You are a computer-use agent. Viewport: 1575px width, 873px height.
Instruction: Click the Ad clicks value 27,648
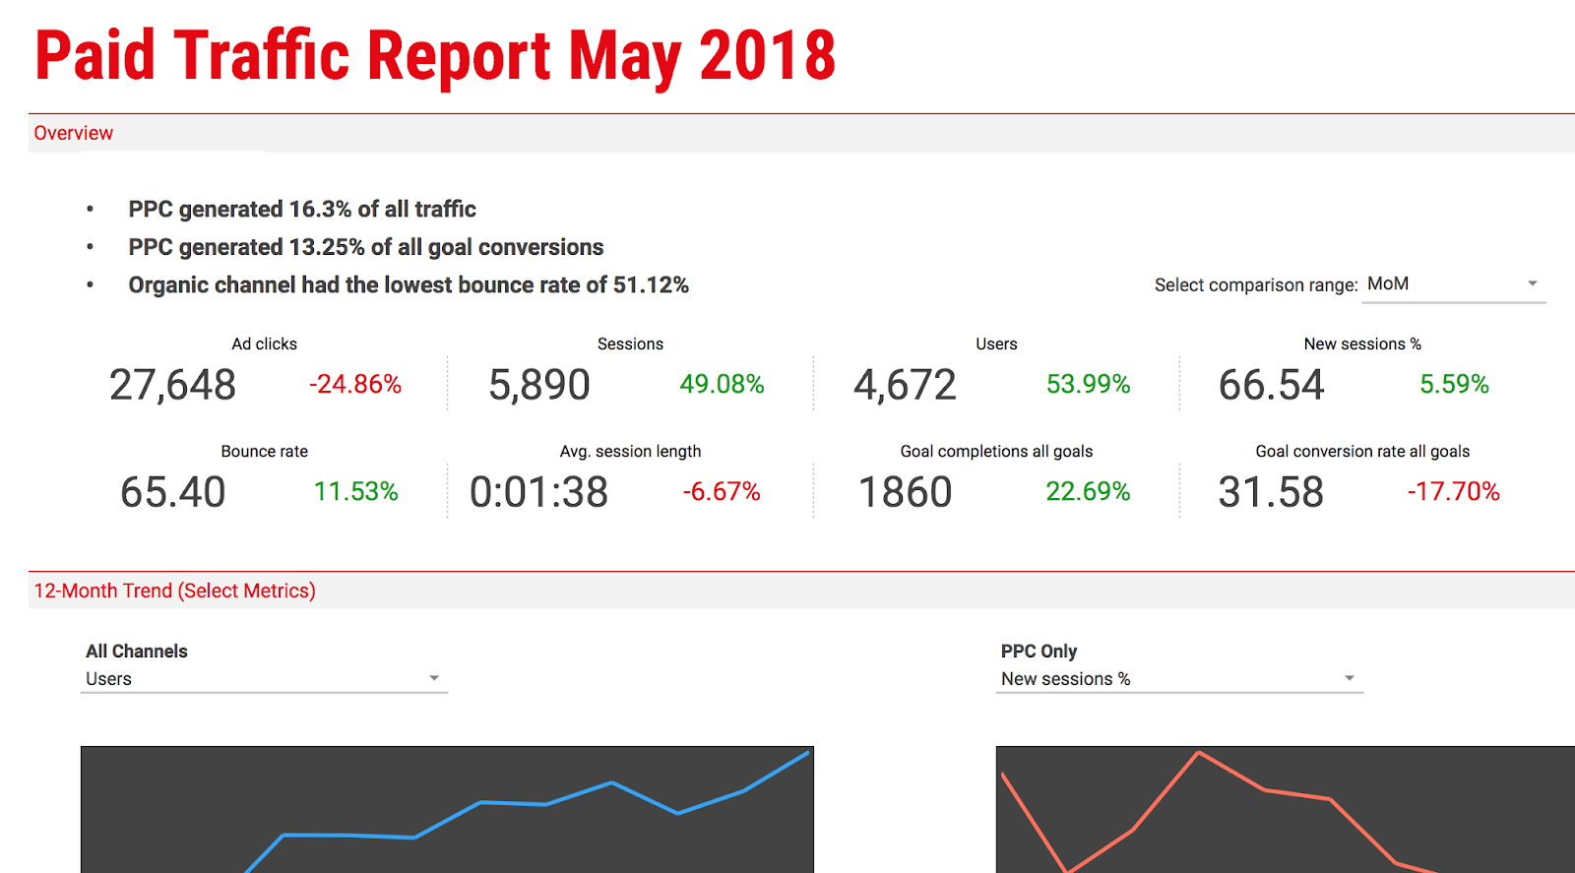click(x=172, y=385)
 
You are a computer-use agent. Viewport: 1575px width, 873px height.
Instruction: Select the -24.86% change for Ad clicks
click(x=355, y=384)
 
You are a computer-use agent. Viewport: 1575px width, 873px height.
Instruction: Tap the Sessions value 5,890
click(x=539, y=385)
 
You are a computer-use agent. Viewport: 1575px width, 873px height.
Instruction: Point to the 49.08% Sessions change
click(x=722, y=384)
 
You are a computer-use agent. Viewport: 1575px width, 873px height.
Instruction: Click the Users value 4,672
click(x=905, y=385)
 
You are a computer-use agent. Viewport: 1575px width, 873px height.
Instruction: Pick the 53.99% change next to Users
click(x=1088, y=384)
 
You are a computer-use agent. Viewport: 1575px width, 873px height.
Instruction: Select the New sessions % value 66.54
click(x=1271, y=385)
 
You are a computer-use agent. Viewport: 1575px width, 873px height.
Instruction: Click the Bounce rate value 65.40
click(x=172, y=492)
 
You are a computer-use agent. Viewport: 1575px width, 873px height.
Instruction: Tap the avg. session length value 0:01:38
click(x=538, y=492)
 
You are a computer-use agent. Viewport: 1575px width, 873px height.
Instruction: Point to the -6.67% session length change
click(x=722, y=491)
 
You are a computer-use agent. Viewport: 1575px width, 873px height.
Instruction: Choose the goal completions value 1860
click(x=905, y=492)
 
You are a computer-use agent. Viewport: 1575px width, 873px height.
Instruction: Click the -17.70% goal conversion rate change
click(x=1453, y=491)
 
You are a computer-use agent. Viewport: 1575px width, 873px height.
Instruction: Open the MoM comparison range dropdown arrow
click(x=1533, y=283)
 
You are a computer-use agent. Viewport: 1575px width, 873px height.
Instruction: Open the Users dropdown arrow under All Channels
click(x=434, y=678)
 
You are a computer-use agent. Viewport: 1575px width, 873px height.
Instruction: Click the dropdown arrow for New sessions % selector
click(x=1350, y=678)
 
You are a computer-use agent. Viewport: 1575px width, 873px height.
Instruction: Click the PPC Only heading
click(x=1039, y=652)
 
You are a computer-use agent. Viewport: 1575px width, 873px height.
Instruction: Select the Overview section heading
click(x=74, y=133)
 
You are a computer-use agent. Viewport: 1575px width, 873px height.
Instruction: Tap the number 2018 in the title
click(x=768, y=56)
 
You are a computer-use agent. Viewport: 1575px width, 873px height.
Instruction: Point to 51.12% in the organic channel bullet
click(x=651, y=285)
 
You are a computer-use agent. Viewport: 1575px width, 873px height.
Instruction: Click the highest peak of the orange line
click(x=1199, y=753)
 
